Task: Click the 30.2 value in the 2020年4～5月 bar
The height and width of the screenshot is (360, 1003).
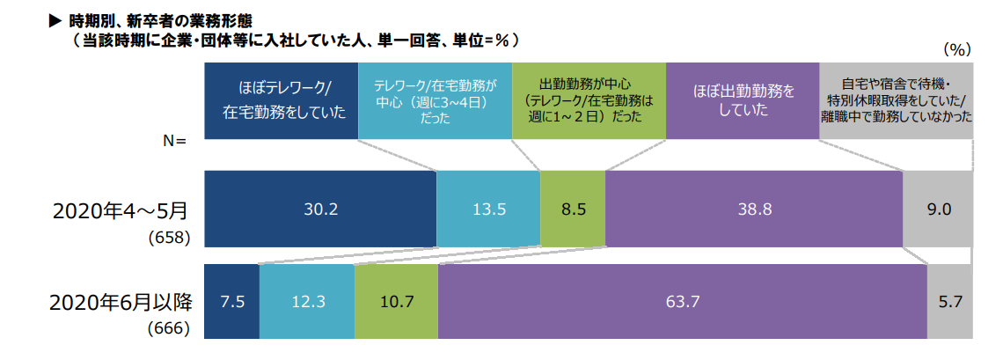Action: click(320, 209)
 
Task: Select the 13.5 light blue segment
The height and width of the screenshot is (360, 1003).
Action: click(488, 209)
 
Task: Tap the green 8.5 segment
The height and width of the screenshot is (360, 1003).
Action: click(572, 209)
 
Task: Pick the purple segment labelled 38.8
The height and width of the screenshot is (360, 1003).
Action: click(754, 209)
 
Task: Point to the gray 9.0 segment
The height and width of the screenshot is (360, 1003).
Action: click(938, 209)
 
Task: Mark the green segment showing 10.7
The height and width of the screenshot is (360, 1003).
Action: click(396, 301)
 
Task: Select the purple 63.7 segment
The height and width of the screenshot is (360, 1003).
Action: click(682, 301)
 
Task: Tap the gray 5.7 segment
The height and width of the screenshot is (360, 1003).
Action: click(950, 301)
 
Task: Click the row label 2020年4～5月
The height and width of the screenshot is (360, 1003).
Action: click(121, 211)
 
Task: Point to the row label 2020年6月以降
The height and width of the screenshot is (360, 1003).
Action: click(121, 301)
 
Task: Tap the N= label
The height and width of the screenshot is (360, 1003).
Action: click(175, 141)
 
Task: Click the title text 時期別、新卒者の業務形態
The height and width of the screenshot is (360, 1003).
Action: click(163, 18)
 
